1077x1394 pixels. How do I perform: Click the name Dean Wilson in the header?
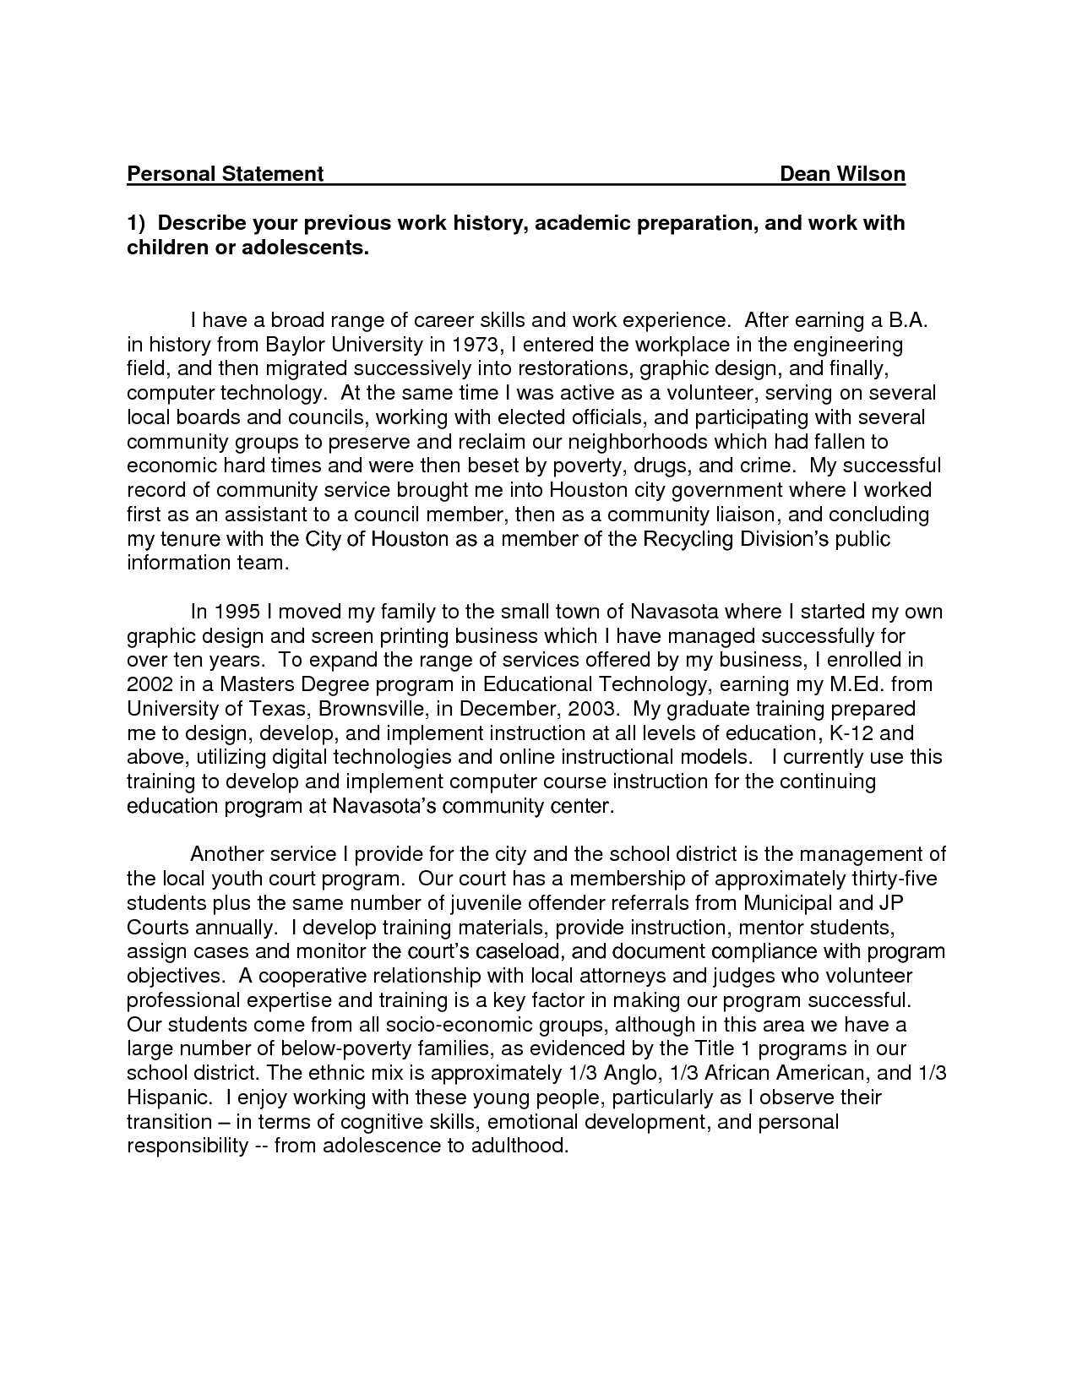[x=842, y=174]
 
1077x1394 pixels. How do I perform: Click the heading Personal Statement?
[x=225, y=174]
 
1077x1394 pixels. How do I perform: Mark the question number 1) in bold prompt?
[x=137, y=224]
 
